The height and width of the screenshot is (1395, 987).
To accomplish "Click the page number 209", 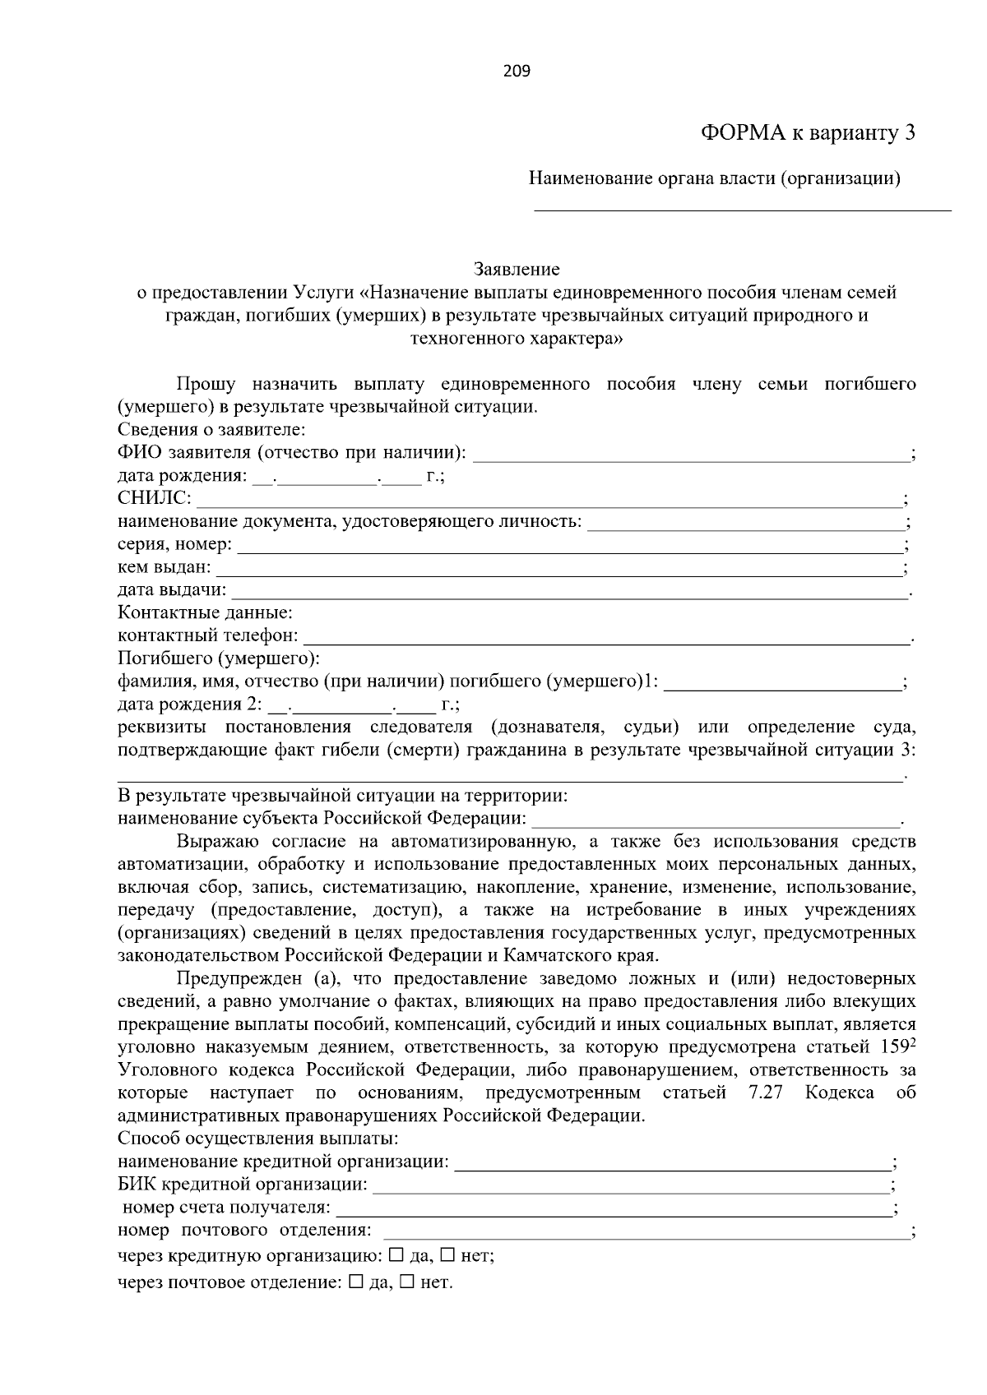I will (x=517, y=72).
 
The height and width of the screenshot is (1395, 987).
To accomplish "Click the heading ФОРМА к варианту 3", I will (x=808, y=133).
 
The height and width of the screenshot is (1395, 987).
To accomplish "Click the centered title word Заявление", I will (x=517, y=270).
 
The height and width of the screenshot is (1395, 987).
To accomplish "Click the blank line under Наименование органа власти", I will (x=742, y=206).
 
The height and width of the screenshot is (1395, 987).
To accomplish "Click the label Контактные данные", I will (x=205, y=613).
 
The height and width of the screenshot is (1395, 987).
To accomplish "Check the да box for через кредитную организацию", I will (x=396, y=1255).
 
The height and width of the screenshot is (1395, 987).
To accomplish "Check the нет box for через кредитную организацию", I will (x=448, y=1255).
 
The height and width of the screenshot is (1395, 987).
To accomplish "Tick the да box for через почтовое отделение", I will (x=355, y=1282).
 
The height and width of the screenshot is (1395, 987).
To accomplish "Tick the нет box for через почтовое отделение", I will (x=407, y=1282).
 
